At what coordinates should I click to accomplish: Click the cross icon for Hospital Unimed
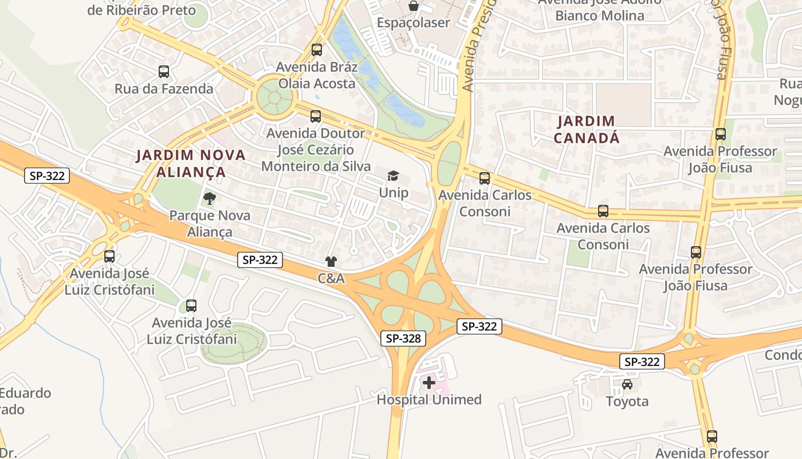click(429, 382)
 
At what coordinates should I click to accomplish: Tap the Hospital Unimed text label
click(429, 400)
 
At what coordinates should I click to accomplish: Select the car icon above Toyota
click(627, 384)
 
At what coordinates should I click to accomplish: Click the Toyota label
click(627, 402)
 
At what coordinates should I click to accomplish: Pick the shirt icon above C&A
click(331, 262)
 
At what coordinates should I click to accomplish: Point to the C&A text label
click(331, 279)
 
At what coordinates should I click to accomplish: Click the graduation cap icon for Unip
click(393, 176)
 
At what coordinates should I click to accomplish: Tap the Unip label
click(394, 192)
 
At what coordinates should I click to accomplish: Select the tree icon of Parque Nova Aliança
click(210, 199)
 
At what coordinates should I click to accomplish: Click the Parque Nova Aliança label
click(210, 224)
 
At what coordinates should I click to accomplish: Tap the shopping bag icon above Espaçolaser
click(413, 6)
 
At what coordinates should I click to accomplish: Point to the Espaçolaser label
click(413, 23)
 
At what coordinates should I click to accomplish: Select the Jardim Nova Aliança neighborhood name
click(191, 164)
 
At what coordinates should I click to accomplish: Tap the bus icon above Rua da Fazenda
click(164, 72)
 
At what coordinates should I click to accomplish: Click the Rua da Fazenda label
click(164, 89)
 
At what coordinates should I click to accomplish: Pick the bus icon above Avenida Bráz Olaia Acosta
click(317, 50)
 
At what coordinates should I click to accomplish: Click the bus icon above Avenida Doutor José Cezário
click(316, 116)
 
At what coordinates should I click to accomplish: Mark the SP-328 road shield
click(403, 339)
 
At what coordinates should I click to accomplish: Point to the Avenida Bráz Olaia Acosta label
click(317, 75)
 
